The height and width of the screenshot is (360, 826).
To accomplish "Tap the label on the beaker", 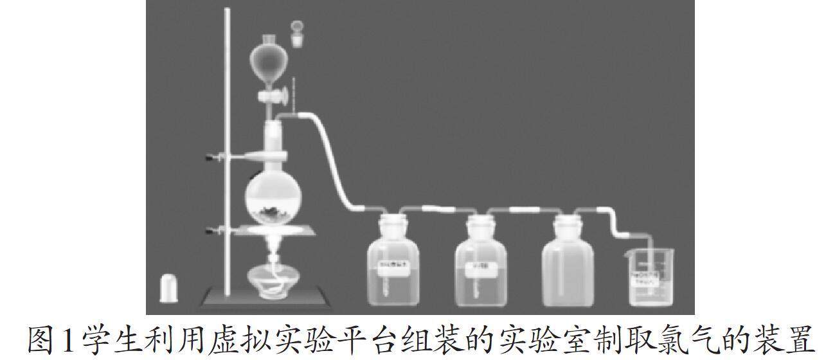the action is [643, 278].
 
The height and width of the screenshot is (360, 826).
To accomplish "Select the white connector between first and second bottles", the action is [433, 209].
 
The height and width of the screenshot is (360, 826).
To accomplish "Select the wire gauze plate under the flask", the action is [273, 232].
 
